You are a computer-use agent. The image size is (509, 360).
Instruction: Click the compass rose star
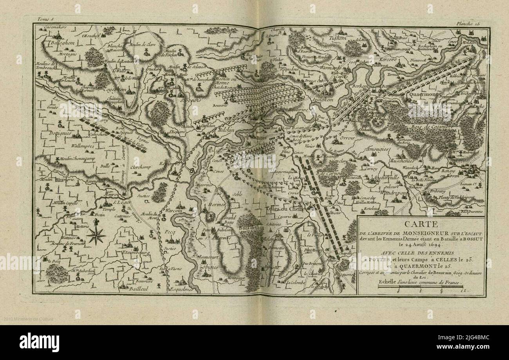[x=96, y=235]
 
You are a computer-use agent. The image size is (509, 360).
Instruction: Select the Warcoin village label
[x=175, y=211]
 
